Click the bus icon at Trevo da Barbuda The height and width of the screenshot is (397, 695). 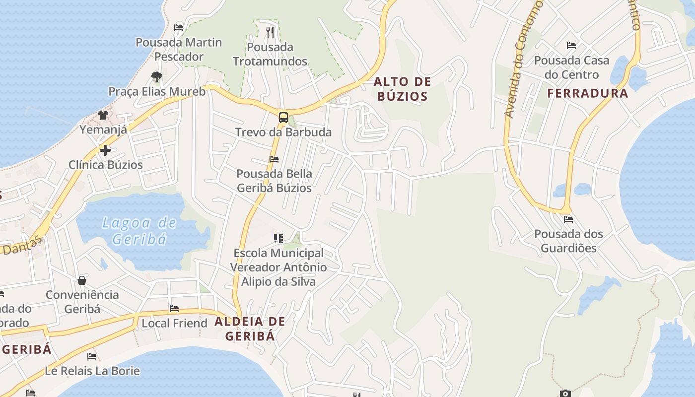coord(283,118)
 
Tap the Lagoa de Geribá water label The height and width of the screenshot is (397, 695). coord(139,231)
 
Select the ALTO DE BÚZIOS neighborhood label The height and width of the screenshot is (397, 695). coord(402,89)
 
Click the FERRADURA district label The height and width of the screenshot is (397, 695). coord(588,93)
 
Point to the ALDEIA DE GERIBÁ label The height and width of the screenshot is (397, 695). coord(250,329)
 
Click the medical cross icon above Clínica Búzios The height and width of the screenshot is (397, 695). coord(105,150)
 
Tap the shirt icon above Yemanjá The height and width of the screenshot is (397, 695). coord(103,115)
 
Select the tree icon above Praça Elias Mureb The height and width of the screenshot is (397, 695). coord(157,77)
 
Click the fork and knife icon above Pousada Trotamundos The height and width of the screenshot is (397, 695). coord(270,32)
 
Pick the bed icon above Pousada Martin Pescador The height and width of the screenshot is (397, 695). coord(179,28)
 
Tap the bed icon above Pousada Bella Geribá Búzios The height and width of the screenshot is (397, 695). coord(274,159)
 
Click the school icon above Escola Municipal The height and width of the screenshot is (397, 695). coord(278,238)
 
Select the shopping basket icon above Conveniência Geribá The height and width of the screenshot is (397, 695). coord(82,280)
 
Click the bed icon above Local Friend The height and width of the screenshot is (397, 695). coord(174,309)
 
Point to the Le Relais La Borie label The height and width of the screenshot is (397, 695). coord(92,371)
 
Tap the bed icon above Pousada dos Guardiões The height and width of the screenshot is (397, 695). coord(568,219)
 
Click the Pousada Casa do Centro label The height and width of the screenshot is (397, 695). coord(571,67)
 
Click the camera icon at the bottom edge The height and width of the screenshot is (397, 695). coord(565,394)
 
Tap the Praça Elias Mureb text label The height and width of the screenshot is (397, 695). coord(157,92)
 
